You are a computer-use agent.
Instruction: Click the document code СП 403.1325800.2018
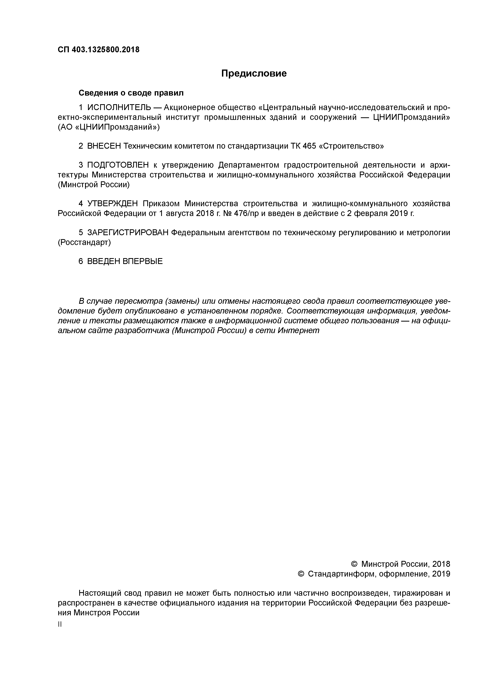99,50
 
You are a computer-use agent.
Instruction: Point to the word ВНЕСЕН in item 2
104,146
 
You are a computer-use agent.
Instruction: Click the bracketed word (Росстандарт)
84,242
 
